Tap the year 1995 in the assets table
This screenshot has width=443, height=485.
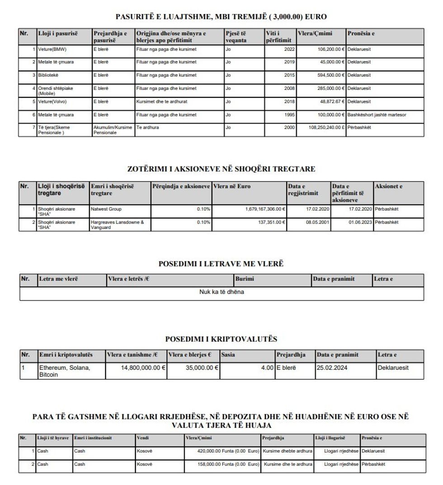(x=289, y=115)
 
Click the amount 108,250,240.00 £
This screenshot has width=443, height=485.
(x=320, y=128)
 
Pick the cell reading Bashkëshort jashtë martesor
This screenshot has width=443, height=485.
(x=377, y=115)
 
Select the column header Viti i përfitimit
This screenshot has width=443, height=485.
(x=278, y=37)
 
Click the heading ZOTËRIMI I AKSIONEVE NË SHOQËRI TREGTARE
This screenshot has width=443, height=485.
(x=221, y=169)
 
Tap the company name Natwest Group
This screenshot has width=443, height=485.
(x=106, y=210)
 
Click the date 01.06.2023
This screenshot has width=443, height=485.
(x=360, y=223)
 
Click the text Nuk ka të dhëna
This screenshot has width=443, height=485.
(x=221, y=292)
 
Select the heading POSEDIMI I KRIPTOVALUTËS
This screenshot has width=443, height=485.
(x=221, y=339)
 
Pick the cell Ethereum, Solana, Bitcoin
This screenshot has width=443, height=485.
(x=65, y=371)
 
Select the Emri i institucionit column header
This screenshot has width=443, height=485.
(x=93, y=438)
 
